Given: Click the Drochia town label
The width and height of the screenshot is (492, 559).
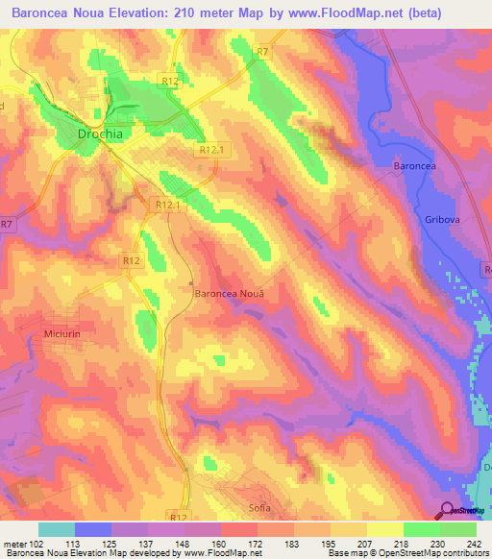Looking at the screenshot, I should point(100,134).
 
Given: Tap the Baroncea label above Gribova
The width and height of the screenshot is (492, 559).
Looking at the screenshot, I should point(415,166).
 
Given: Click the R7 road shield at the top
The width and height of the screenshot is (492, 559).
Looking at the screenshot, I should point(263,52).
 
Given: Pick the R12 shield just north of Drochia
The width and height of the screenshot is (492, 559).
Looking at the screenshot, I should point(170,85).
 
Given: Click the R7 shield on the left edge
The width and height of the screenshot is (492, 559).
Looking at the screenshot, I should point(8,225).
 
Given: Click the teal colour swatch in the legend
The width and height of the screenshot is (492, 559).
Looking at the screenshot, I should point(57,529).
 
